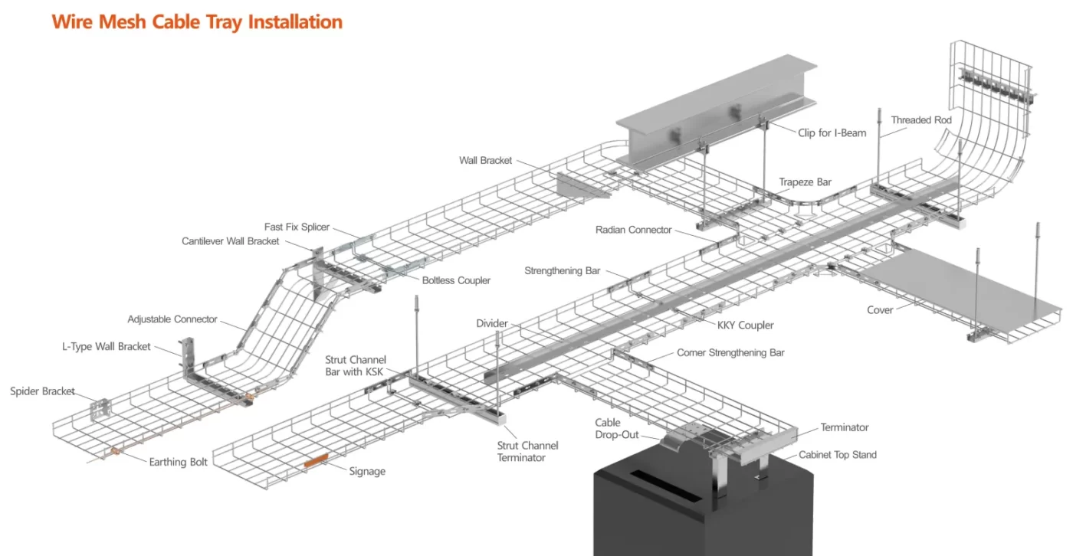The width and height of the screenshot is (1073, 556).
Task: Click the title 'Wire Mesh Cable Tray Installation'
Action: pos(197,21)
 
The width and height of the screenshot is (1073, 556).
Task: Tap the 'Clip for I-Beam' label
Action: pos(832,132)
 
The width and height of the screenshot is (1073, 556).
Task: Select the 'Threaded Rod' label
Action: pos(921,120)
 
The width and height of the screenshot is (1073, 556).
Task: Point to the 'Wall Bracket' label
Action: pos(485,160)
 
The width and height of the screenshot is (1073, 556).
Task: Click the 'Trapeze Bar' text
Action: pos(805,182)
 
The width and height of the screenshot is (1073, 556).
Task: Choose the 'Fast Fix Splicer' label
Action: pos(297,227)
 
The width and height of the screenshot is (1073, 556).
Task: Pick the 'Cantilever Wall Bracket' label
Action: pos(230,241)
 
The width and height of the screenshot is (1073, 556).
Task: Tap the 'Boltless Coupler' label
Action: pos(456,280)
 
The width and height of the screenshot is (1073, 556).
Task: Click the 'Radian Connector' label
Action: pos(633,230)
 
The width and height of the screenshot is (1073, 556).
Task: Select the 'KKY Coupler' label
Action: pos(745,325)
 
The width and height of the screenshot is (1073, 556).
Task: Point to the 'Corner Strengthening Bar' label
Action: pos(730,353)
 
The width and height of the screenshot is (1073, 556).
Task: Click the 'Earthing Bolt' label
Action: pos(178,462)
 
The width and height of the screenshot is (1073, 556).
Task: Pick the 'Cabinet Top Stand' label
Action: pos(838,455)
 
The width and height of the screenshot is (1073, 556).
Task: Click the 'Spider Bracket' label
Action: pos(42,391)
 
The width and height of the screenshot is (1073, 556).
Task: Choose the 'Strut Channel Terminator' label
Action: pos(527,452)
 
